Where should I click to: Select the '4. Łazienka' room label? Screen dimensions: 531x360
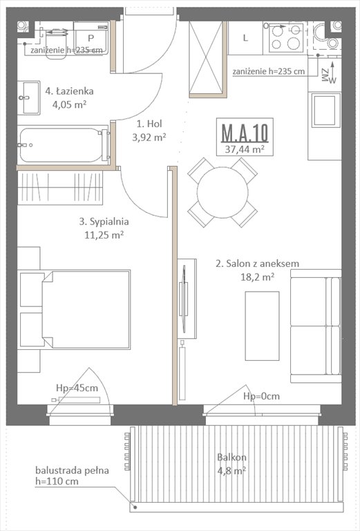point(69,91)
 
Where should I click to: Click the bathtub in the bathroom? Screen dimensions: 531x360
point(61,145)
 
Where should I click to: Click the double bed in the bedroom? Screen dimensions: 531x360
point(76,309)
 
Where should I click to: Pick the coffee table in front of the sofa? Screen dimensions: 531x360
point(262,325)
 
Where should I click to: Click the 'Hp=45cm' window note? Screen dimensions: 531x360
point(76,388)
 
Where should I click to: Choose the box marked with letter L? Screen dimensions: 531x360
point(245,38)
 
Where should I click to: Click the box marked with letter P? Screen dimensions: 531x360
point(91,37)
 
